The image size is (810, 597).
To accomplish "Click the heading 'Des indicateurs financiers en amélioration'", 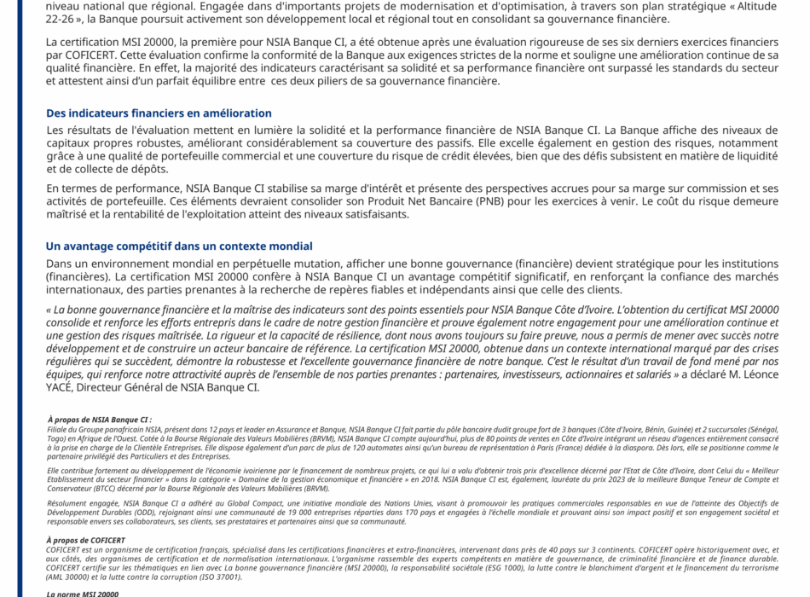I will [159, 113].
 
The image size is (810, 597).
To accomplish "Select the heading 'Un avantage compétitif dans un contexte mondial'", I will [179, 246].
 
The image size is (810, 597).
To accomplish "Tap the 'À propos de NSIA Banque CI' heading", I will [100, 420].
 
